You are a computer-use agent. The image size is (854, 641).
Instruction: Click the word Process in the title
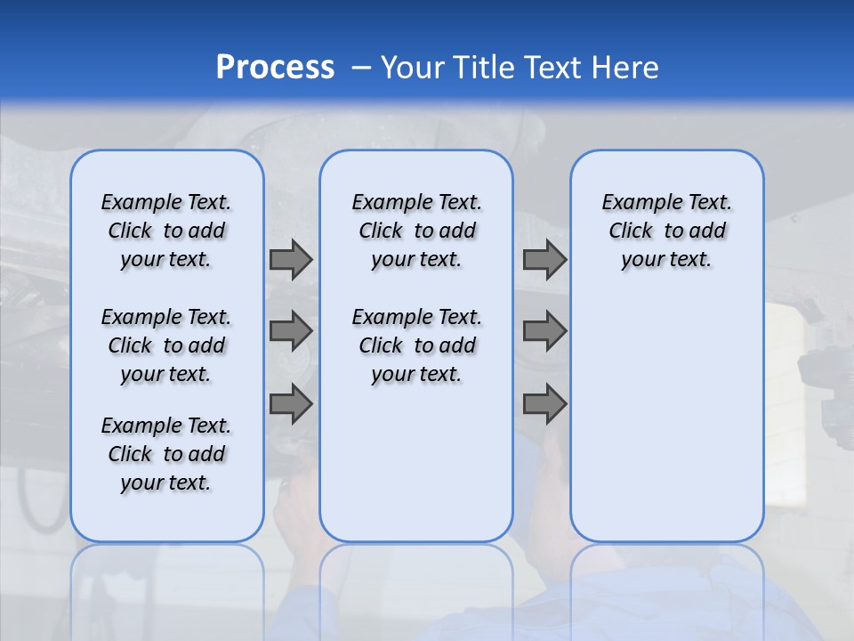[275, 67]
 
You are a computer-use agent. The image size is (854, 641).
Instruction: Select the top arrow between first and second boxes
[291, 259]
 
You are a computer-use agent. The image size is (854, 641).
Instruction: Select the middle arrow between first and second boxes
[291, 331]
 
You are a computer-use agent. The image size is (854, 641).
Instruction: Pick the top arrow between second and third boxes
[544, 259]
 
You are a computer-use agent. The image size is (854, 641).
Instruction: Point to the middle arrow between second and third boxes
[544, 331]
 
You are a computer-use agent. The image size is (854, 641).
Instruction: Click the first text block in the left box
[166, 231]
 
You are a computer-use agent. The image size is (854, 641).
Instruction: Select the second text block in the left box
[166, 345]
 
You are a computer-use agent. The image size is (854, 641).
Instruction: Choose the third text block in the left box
[166, 454]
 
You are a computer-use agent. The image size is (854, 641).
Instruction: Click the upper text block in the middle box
[416, 231]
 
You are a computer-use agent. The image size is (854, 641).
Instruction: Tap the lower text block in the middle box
[416, 345]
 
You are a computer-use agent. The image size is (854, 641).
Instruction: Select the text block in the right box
[666, 231]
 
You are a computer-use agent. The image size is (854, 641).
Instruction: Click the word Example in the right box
[634, 203]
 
